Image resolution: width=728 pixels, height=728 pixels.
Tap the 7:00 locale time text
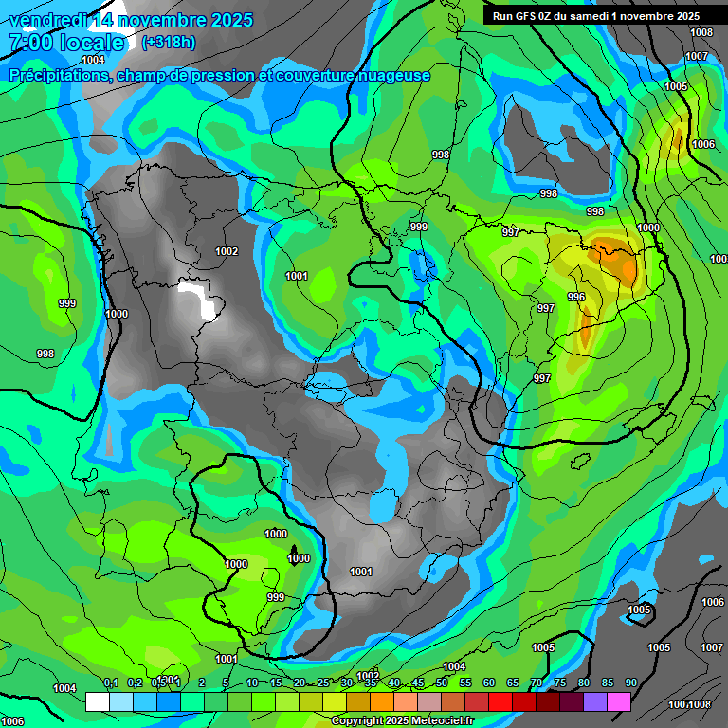pyautogui.click(x=66, y=43)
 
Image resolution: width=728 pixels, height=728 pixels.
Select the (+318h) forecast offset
pyautogui.click(x=169, y=43)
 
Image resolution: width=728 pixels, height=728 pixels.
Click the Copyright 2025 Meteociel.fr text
pyautogui.click(x=402, y=720)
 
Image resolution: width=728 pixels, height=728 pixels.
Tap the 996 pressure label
pyautogui.click(x=576, y=297)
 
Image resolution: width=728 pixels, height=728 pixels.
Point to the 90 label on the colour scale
pyautogui.click(x=631, y=682)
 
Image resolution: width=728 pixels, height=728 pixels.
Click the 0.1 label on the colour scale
pyautogui.click(x=110, y=682)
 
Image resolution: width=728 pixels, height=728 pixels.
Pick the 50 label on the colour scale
pyautogui.click(x=442, y=682)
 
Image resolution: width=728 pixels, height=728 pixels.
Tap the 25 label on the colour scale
pyautogui.click(x=323, y=682)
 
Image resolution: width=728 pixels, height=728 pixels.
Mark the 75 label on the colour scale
pyautogui.click(x=560, y=682)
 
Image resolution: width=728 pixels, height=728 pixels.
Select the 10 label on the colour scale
pyautogui.click(x=252, y=682)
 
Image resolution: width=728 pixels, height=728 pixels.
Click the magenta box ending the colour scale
pyautogui.click(x=619, y=701)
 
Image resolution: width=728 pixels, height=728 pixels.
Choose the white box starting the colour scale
pyautogui.click(x=97, y=701)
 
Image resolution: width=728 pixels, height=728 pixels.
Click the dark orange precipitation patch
pyautogui.click(x=617, y=264)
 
